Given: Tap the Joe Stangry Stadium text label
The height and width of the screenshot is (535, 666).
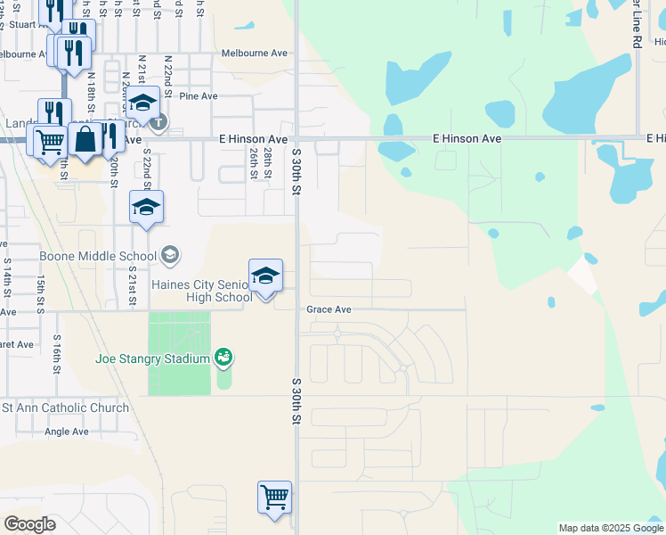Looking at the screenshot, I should pyautogui.click(x=153, y=359).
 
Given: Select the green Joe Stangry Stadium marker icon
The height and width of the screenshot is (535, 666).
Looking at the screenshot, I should pyautogui.click(x=224, y=358).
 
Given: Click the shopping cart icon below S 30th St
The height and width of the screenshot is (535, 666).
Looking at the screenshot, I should pyautogui.click(x=274, y=496).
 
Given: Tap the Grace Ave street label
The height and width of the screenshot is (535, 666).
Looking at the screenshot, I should pyautogui.click(x=329, y=310).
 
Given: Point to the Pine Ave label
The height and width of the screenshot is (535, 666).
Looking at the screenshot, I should pyautogui.click(x=198, y=95).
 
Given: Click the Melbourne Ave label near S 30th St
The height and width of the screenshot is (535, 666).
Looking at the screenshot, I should pyautogui.click(x=255, y=53).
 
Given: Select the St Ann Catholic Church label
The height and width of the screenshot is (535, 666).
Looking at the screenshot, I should pyautogui.click(x=65, y=408).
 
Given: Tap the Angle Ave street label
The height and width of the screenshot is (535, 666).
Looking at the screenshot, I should pyautogui.click(x=67, y=432).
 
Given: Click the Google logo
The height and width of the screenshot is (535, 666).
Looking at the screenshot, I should pyautogui.click(x=30, y=523).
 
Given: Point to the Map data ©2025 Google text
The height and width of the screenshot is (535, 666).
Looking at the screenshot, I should pyautogui.click(x=610, y=528).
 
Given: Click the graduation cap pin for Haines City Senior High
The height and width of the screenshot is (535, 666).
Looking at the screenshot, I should pyautogui.click(x=265, y=276).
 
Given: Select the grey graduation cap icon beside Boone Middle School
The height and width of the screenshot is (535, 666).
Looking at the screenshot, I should pyautogui.click(x=169, y=256).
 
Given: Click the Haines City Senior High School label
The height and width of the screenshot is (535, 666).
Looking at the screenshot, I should pyautogui.click(x=203, y=291).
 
